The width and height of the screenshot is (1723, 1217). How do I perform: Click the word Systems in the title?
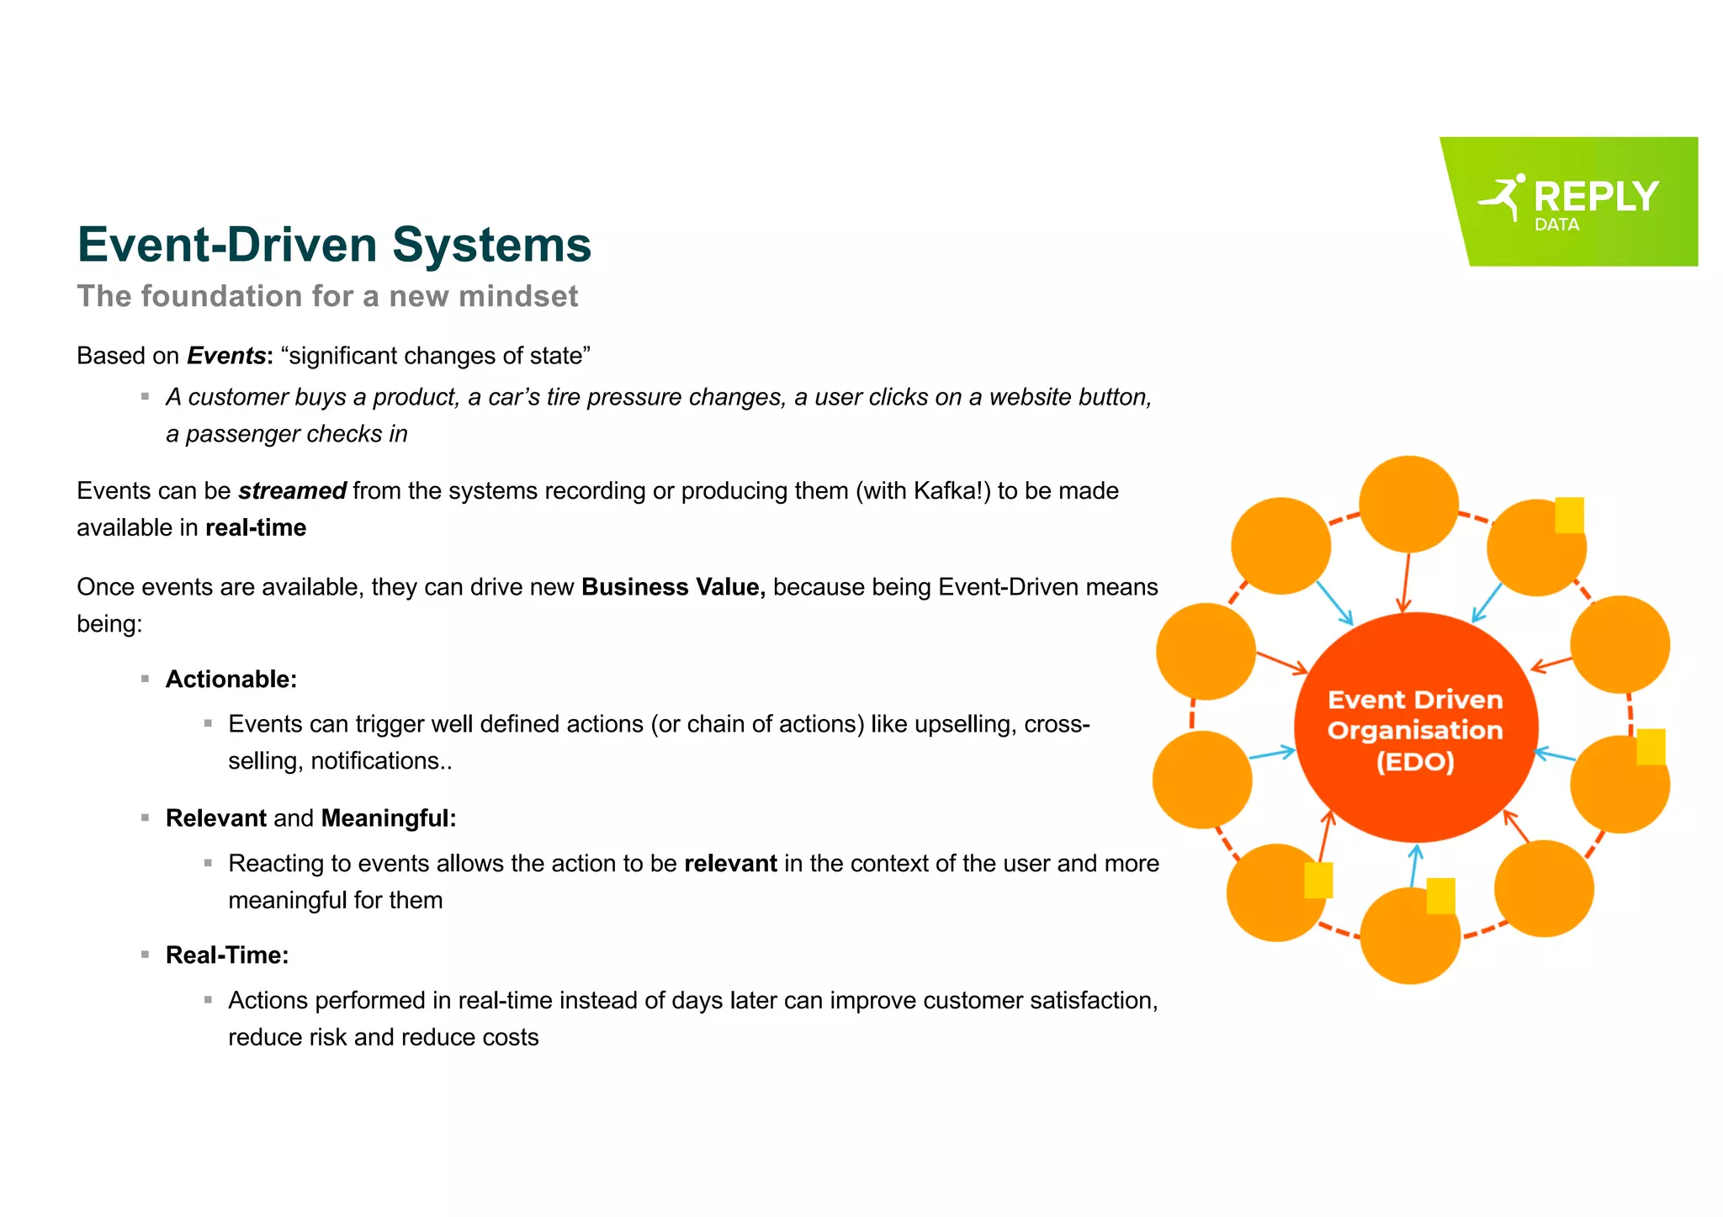point(491,245)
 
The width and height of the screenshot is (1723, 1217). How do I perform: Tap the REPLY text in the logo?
point(1595,197)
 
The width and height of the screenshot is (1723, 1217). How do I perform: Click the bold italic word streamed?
point(292,491)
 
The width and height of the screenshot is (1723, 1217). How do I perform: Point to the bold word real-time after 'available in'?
point(256,528)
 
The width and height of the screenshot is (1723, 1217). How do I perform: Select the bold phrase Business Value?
point(673,587)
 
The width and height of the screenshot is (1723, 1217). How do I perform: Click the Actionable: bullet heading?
point(231,680)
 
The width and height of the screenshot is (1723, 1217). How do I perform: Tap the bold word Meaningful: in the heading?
point(389,818)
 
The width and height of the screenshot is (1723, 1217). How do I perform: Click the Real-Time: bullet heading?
point(227,955)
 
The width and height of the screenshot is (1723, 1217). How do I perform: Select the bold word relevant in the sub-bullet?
point(730,864)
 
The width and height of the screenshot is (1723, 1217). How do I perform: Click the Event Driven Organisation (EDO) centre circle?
point(1415,728)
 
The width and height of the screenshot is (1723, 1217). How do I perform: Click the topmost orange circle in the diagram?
point(1408,503)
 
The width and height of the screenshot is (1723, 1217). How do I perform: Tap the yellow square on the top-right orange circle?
point(1569,515)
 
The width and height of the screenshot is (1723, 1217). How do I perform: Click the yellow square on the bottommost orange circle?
point(1440,896)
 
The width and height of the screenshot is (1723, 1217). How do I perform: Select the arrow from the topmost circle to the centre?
point(1405,582)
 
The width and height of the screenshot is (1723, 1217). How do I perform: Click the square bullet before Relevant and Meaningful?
point(146,818)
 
